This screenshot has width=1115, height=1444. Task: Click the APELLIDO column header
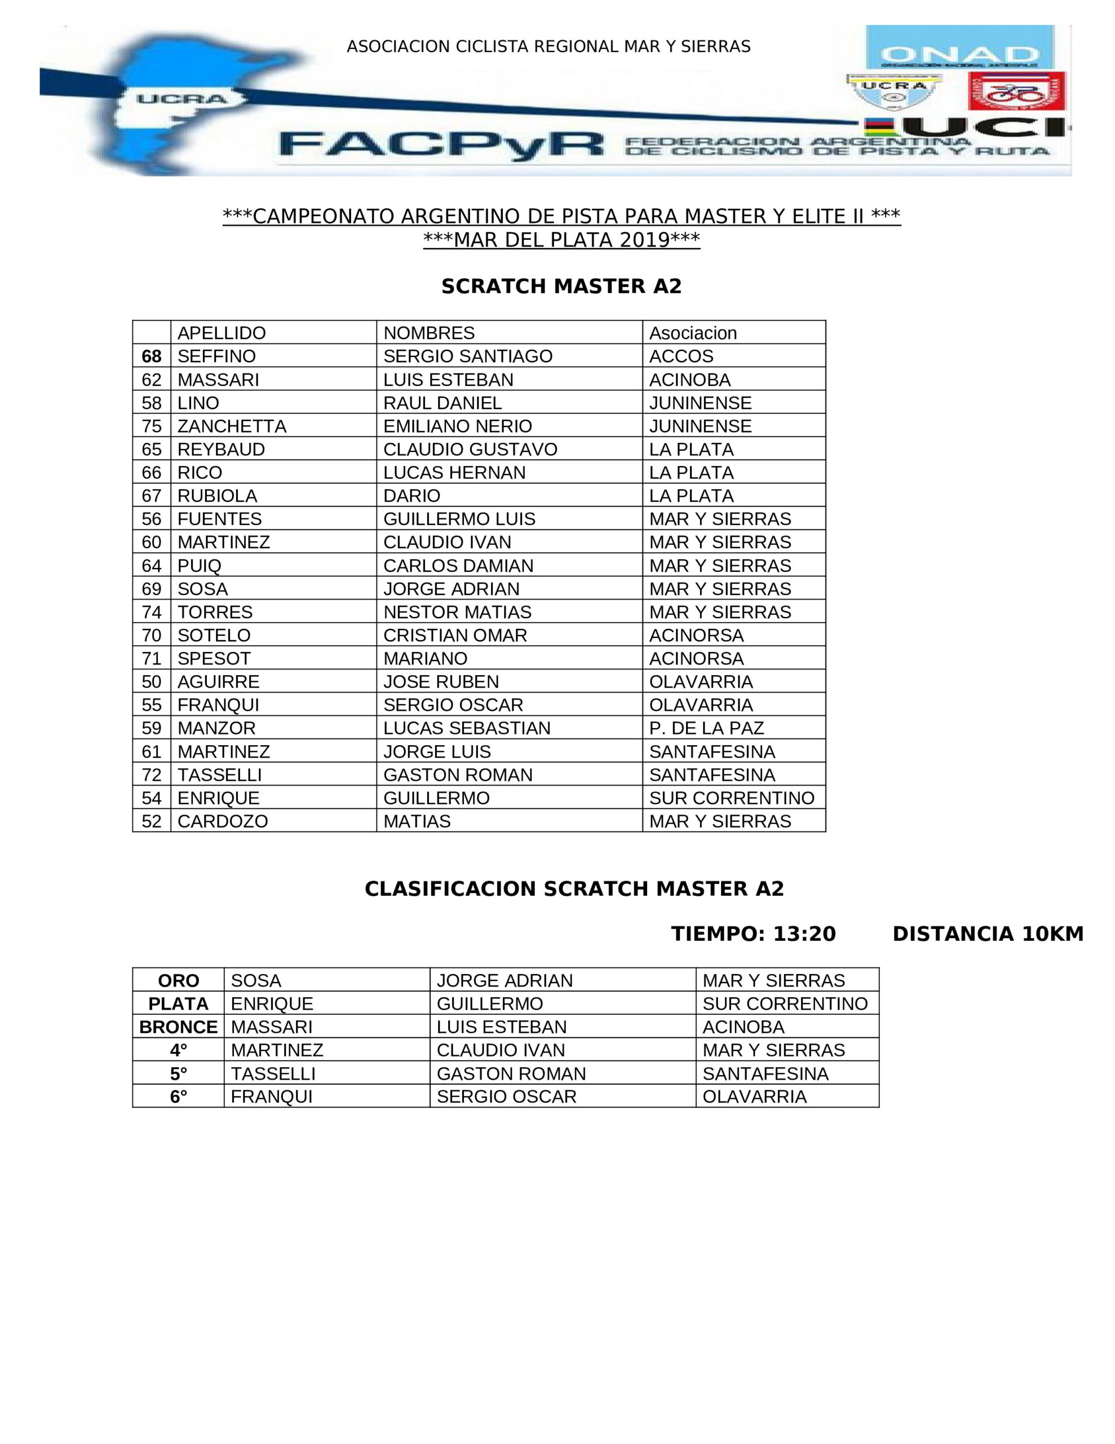(x=222, y=333)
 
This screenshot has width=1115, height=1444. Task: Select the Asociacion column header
(x=693, y=333)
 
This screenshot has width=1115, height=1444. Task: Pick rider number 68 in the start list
(x=152, y=356)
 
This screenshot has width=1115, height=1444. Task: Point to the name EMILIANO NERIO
(x=457, y=426)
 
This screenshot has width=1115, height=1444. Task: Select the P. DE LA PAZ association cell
(x=706, y=728)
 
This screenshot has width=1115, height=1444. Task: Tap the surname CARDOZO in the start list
(x=223, y=821)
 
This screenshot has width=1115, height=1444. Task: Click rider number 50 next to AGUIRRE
(x=152, y=681)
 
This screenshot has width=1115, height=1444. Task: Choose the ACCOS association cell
(x=681, y=356)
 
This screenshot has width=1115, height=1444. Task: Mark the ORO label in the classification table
(x=179, y=980)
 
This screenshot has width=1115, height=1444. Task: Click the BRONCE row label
(x=179, y=1027)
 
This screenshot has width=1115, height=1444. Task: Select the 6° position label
(x=179, y=1096)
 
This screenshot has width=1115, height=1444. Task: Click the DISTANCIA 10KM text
(x=988, y=934)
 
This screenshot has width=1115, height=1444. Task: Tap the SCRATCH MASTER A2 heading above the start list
(x=561, y=287)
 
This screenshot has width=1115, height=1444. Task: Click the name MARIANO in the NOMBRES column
(x=425, y=658)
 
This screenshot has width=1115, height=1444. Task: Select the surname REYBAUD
(x=221, y=450)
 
